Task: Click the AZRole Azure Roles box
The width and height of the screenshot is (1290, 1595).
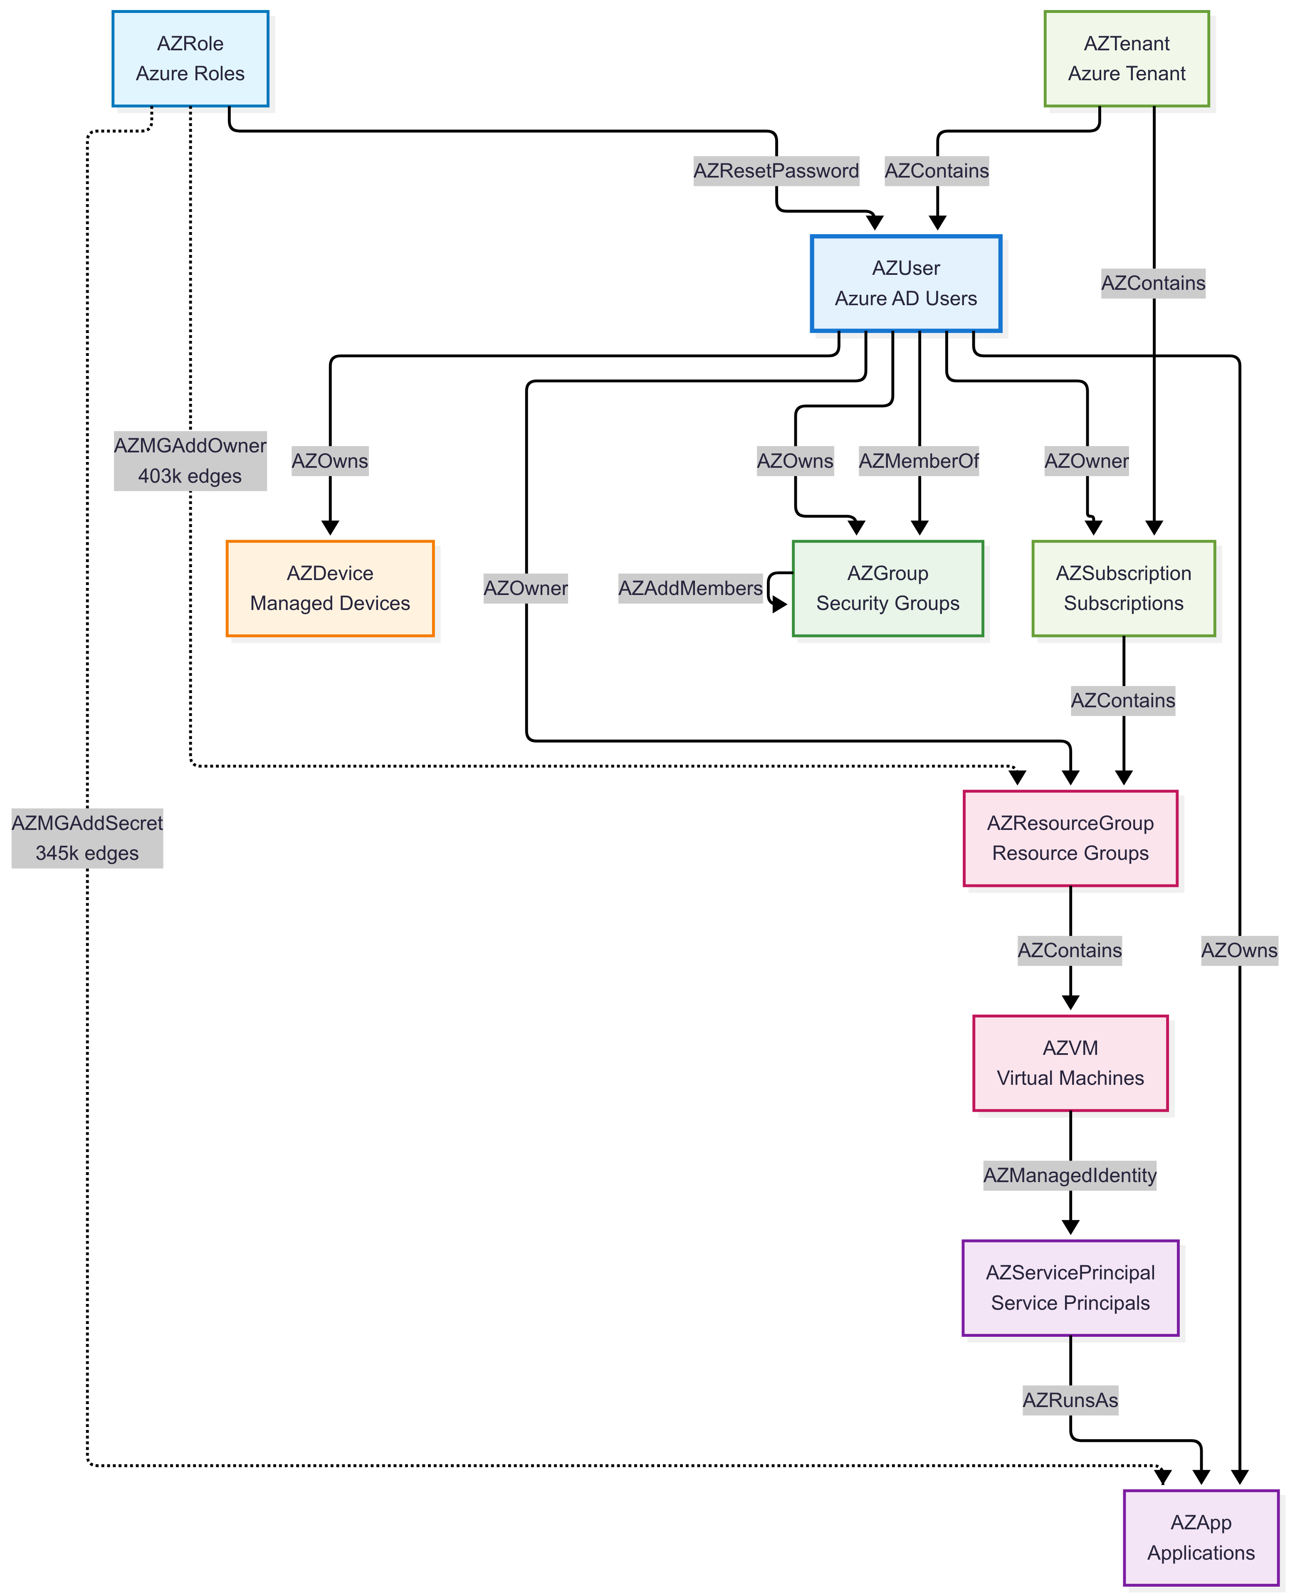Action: [x=190, y=59]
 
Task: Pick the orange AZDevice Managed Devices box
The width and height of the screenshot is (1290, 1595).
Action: [x=330, y=588]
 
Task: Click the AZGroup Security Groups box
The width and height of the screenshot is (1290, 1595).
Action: [x=887, y=588]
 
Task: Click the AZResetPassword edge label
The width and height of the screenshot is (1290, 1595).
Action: [x=776, y=171]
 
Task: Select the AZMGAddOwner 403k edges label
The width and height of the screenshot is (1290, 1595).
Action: [x=190, y=461]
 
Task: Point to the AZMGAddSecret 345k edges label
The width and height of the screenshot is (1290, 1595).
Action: [x=87, y=838]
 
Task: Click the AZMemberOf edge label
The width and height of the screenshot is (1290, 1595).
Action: [x=919, y=461]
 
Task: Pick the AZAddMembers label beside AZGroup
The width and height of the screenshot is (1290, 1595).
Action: [x=690, y=588]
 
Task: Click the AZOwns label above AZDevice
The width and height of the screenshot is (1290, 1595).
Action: [x=330, y=461]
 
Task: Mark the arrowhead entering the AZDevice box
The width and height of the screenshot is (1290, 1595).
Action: [x=330, y=528]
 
